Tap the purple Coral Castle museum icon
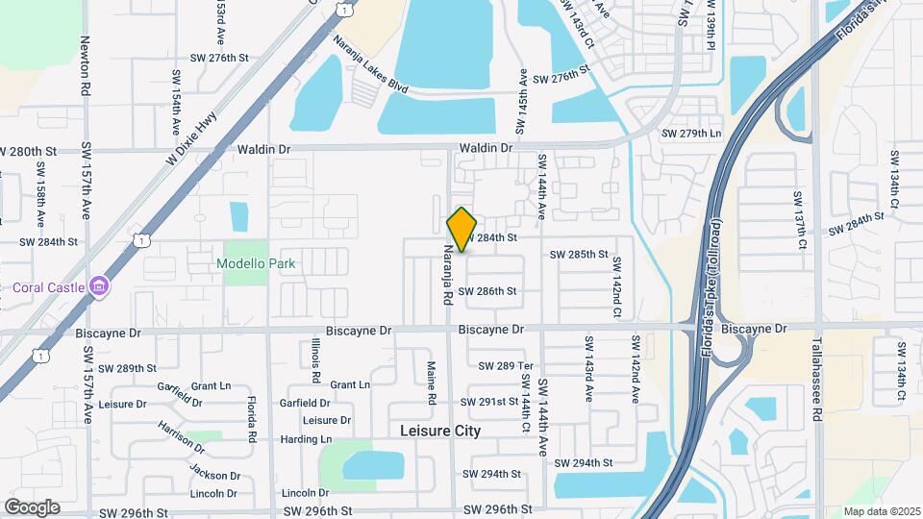[97, 285]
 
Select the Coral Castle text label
[48, 286]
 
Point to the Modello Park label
[256, 263]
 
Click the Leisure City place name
[439, 432]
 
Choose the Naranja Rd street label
[447, 274]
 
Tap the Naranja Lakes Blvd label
[370, 63]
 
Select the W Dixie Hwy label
[191, 139]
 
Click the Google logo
[32, 507]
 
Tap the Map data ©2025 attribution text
[881, 511]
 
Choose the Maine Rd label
[432, 383]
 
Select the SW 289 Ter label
[505, 366]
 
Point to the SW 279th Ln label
[690, 133]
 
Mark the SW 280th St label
[29, 152]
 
